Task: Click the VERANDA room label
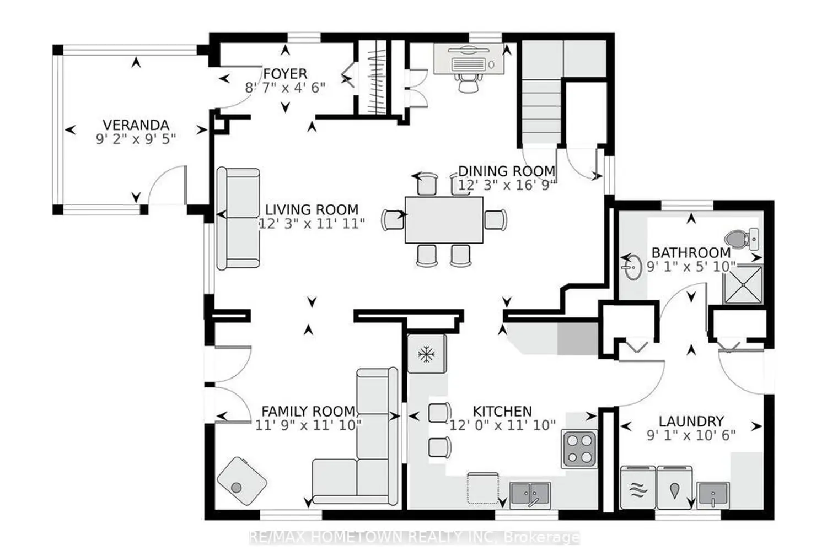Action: click(136, 125)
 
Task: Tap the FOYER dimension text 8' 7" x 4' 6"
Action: click(285, 88)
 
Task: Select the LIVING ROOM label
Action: click(312, 209)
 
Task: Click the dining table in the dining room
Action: click(444, 220)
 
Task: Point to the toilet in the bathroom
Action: click(742, 239)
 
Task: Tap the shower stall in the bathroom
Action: click(743, 284)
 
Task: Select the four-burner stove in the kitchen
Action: click(579, 449)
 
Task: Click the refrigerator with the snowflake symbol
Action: click(426, 354)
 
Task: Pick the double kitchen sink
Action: click(530, 494)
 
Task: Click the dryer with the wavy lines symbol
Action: click(638, 488)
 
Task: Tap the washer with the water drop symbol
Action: click(674, 488)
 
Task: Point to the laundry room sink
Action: click(713, 495)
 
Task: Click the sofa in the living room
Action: click(238, 219)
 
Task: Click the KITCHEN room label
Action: click(502, 411)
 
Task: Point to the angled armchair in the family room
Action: click(242, 481)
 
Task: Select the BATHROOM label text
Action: click(691, 253)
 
